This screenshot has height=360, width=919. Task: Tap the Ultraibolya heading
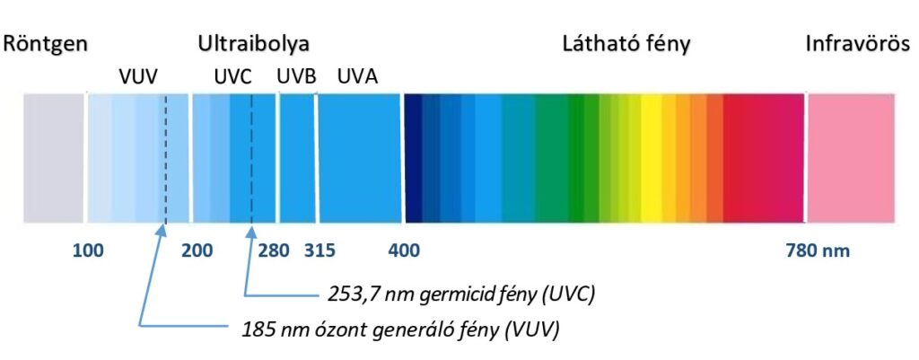(254, 43)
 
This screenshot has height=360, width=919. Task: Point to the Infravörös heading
(862, 43)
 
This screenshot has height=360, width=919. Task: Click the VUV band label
(138, 77)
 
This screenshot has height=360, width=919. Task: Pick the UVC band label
(233, 77)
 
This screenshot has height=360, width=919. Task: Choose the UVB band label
(296, 77)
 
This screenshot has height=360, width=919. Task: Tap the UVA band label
(357, 77)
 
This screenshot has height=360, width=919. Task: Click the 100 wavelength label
(88, 250)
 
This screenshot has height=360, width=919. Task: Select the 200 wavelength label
(197, 250)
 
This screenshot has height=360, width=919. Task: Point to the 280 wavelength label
(273, 250)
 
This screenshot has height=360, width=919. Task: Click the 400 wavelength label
(404, 250)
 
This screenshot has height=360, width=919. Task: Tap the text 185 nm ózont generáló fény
(400, 329)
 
